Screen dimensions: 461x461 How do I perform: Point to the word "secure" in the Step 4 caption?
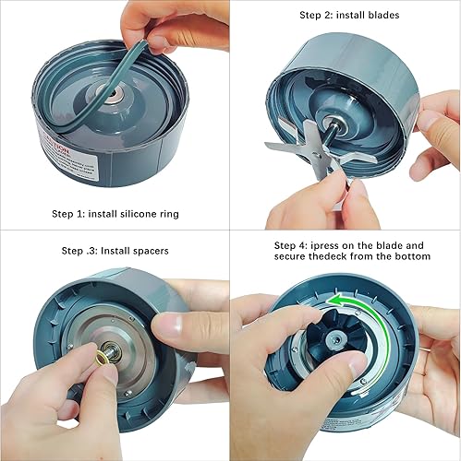pyautogui.click(x=294, y=258)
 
